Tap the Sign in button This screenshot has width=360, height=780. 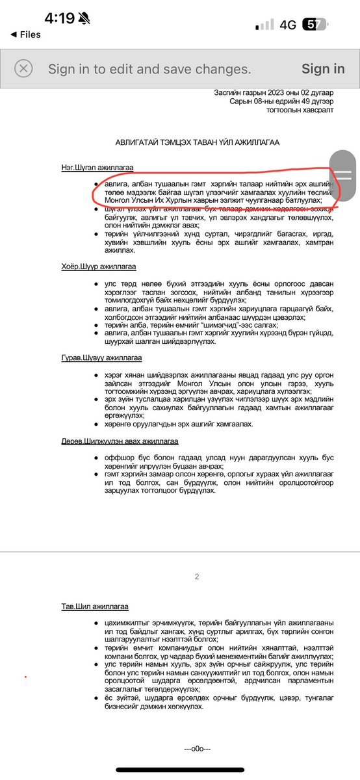[323, 69]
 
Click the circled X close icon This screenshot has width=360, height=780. [23, 69]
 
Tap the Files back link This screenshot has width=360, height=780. [26, 34]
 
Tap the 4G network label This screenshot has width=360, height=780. [288, 25]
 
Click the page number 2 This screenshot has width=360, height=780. [197, 577]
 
